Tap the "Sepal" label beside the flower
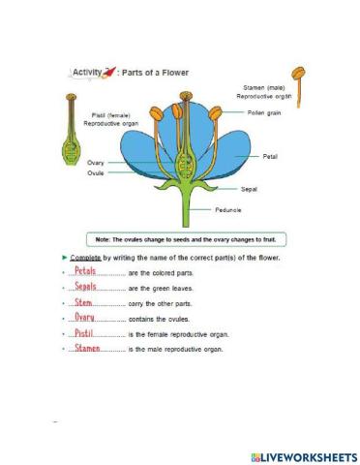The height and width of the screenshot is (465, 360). [248, 191]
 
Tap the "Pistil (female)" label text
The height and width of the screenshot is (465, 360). [102, 115]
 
